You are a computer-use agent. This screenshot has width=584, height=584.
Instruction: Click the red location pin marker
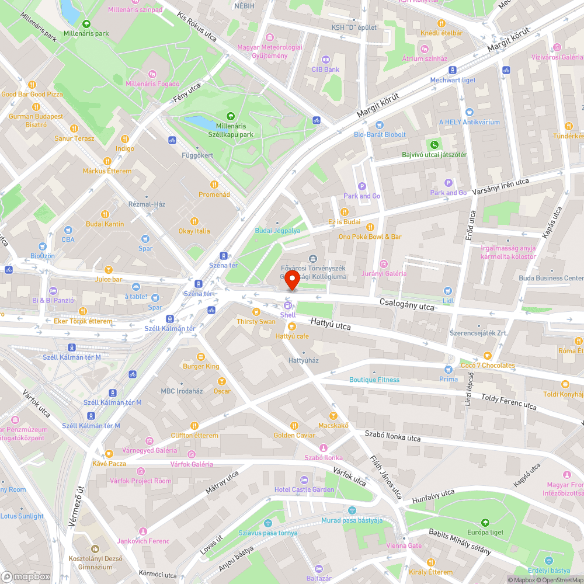[292, 280]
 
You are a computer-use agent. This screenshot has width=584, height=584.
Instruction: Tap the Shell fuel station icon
[287, 305]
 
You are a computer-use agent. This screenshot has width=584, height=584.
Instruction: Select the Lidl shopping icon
[448, 291]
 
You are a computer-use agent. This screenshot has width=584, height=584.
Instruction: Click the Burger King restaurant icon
[201, 356]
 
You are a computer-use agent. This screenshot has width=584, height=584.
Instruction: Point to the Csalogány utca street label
[407, 305]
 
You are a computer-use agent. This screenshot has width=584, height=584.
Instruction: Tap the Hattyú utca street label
[331, 324]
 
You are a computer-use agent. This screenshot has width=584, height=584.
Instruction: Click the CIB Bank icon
[325, 59]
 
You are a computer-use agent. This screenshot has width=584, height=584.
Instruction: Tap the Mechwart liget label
[453, 80]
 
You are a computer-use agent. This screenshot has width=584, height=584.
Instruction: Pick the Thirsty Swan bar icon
[256, 312]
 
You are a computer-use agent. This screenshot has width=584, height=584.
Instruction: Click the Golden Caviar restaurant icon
[294, 425]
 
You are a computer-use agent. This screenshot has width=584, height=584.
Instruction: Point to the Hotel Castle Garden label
[304, 489]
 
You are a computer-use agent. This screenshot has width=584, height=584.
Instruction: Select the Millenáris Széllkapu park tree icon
[230, 116]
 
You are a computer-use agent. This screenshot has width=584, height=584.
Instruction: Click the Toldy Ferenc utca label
[508, 401]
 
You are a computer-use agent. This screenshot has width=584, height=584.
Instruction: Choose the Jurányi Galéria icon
[383, 263]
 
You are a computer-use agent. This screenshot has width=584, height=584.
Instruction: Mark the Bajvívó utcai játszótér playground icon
[434, 144]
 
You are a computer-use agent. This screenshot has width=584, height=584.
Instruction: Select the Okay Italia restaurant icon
[194, 221]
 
